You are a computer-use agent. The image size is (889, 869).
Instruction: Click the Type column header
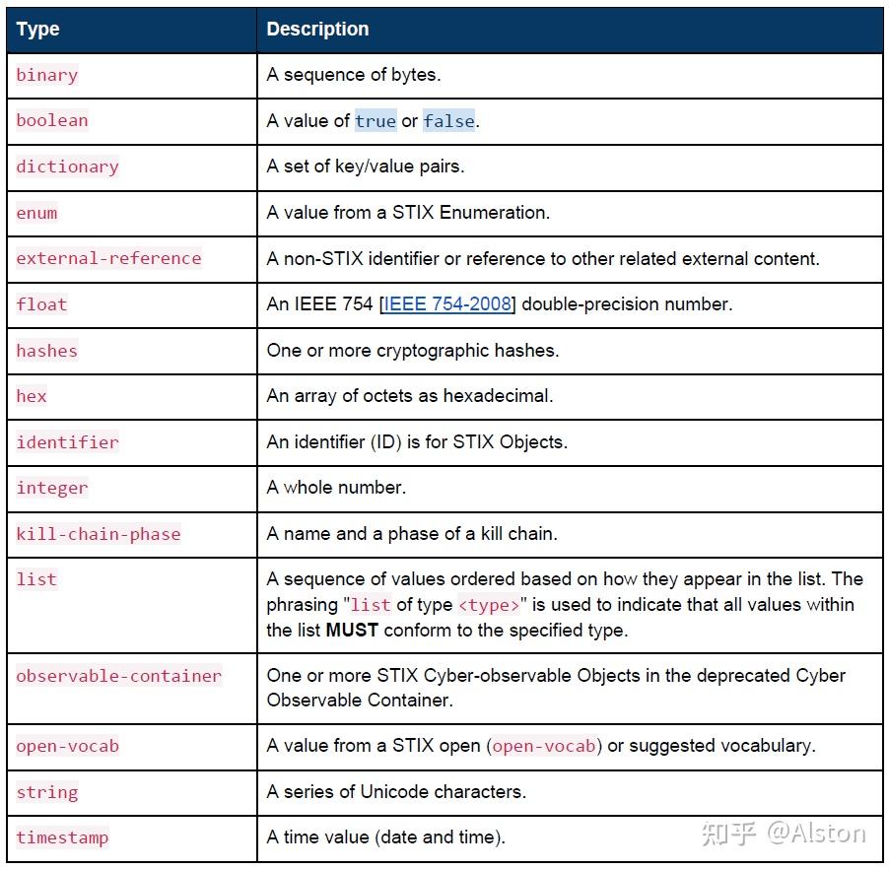pyautogui.click(x=37, y=30)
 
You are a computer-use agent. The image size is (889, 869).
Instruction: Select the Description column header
pyautogui.click(x=317, y=30)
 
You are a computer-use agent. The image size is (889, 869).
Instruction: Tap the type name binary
pyautogui.click(x=46, y=75)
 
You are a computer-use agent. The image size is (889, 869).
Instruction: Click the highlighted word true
pyautogui.click(x=376, y=121)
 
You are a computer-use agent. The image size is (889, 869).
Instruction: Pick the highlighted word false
pyautogui.click(x=448, y=121)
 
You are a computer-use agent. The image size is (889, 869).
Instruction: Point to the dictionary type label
pyautogui.click(x=67, y=167)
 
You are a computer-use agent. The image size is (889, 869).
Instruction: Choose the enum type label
pyautogui.click(x=36, y=213)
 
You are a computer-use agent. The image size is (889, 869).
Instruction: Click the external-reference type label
pyautogui.click(x=108, y=258)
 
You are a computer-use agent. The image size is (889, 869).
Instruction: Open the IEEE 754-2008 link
pyautogui.click(x=448, y=304)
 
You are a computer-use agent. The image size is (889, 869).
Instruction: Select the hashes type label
pyautogui.click(x=46, y=351)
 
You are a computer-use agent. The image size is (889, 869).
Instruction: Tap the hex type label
pyautogui.click(x=32, y=396)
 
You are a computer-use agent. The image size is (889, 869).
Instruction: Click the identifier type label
pyautogui.click(x=67, y=442)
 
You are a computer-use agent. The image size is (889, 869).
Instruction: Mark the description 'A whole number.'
pyautogui.click(x=336, y=488)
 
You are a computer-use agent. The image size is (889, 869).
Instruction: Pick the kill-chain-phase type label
pyautogui.click(x=99, y=534)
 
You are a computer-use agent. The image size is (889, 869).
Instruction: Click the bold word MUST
pyautogui.click(x=352, y=630)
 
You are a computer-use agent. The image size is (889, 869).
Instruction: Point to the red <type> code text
pyautogui.click(x=489, y=605)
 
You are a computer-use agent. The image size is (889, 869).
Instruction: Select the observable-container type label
pyautogui.click(x=119, y=676)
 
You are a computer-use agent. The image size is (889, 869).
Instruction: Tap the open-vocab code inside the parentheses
pyautogui.click(x=544, y=746)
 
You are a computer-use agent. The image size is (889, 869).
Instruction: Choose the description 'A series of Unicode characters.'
pyautogui.click(x=396, y=792)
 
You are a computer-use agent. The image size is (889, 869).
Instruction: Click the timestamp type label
pyautogui.click(x=62, y=837)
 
